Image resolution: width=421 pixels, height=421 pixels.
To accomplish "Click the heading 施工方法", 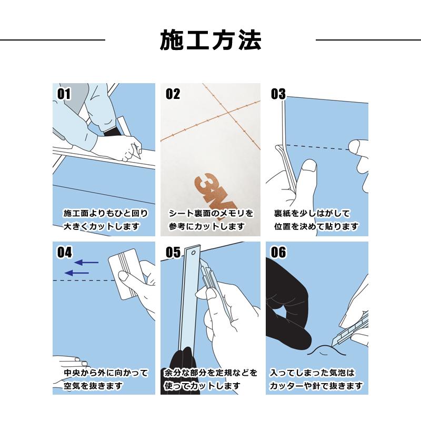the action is click(x=210, y=41).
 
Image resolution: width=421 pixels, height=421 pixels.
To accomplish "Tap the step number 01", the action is click(x=64, y=94).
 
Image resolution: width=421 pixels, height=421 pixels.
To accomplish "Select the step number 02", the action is click(x=173, y=94).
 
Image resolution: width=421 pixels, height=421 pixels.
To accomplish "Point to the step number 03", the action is click(x=278, y=94).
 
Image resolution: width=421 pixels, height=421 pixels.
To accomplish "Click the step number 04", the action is click(x=64, y=253).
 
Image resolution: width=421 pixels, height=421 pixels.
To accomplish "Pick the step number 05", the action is click(x=173, y=253).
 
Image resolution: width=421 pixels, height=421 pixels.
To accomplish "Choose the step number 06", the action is click(x=278, y=253).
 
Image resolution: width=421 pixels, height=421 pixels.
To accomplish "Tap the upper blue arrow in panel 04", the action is click(x=86, y=262).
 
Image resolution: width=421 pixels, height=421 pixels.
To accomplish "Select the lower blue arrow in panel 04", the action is click(x=77, y=273).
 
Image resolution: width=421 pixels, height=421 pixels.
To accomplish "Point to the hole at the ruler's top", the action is click(x=193, y=253).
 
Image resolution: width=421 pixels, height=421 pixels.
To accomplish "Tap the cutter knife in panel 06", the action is click(x=350, y=329).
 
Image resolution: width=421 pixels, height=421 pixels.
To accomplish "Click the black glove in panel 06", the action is click(x=287, y=306).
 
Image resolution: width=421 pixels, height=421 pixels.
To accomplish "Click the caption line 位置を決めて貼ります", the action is click(x=316, y=226).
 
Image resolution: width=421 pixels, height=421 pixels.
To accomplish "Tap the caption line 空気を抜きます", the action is click(x=93, y=386).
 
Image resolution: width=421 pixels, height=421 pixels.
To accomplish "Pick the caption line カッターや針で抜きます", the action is click(x=316, y=386).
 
